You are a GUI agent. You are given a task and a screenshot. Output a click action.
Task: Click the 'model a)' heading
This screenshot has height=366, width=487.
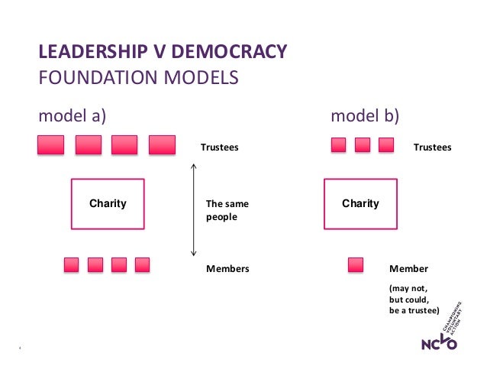coord(73,116)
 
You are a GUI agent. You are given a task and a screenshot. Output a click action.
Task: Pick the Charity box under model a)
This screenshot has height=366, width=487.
coord(108,204)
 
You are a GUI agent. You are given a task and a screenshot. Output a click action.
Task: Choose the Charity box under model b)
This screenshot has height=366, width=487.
coord(360,204)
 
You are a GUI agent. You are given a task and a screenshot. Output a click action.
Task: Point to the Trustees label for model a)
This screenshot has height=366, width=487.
coord(219,147)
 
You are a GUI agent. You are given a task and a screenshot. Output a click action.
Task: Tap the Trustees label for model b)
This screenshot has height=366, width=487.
coord(432,147)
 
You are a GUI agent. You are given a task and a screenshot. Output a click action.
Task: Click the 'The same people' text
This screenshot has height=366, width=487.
coord(227,211)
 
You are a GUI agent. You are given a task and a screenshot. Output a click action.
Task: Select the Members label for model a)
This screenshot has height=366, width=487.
coord(227,269)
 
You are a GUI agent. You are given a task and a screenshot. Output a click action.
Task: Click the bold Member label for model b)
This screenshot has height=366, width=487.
coord(409,269)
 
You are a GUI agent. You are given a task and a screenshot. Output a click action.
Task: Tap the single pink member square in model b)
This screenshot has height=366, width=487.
coord(356,265)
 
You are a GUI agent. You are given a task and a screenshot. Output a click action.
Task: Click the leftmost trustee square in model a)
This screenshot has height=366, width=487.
coord(51,145)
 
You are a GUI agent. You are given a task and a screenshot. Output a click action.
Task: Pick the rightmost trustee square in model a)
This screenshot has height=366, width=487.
coord(162,145)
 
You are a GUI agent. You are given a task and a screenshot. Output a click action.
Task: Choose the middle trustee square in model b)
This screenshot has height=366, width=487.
coord(363,145)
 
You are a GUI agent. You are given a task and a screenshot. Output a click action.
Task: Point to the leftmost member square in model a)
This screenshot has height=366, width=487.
coord(71,265)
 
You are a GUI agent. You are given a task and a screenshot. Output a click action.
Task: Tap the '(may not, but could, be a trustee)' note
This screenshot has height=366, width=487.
coord(414,300)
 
